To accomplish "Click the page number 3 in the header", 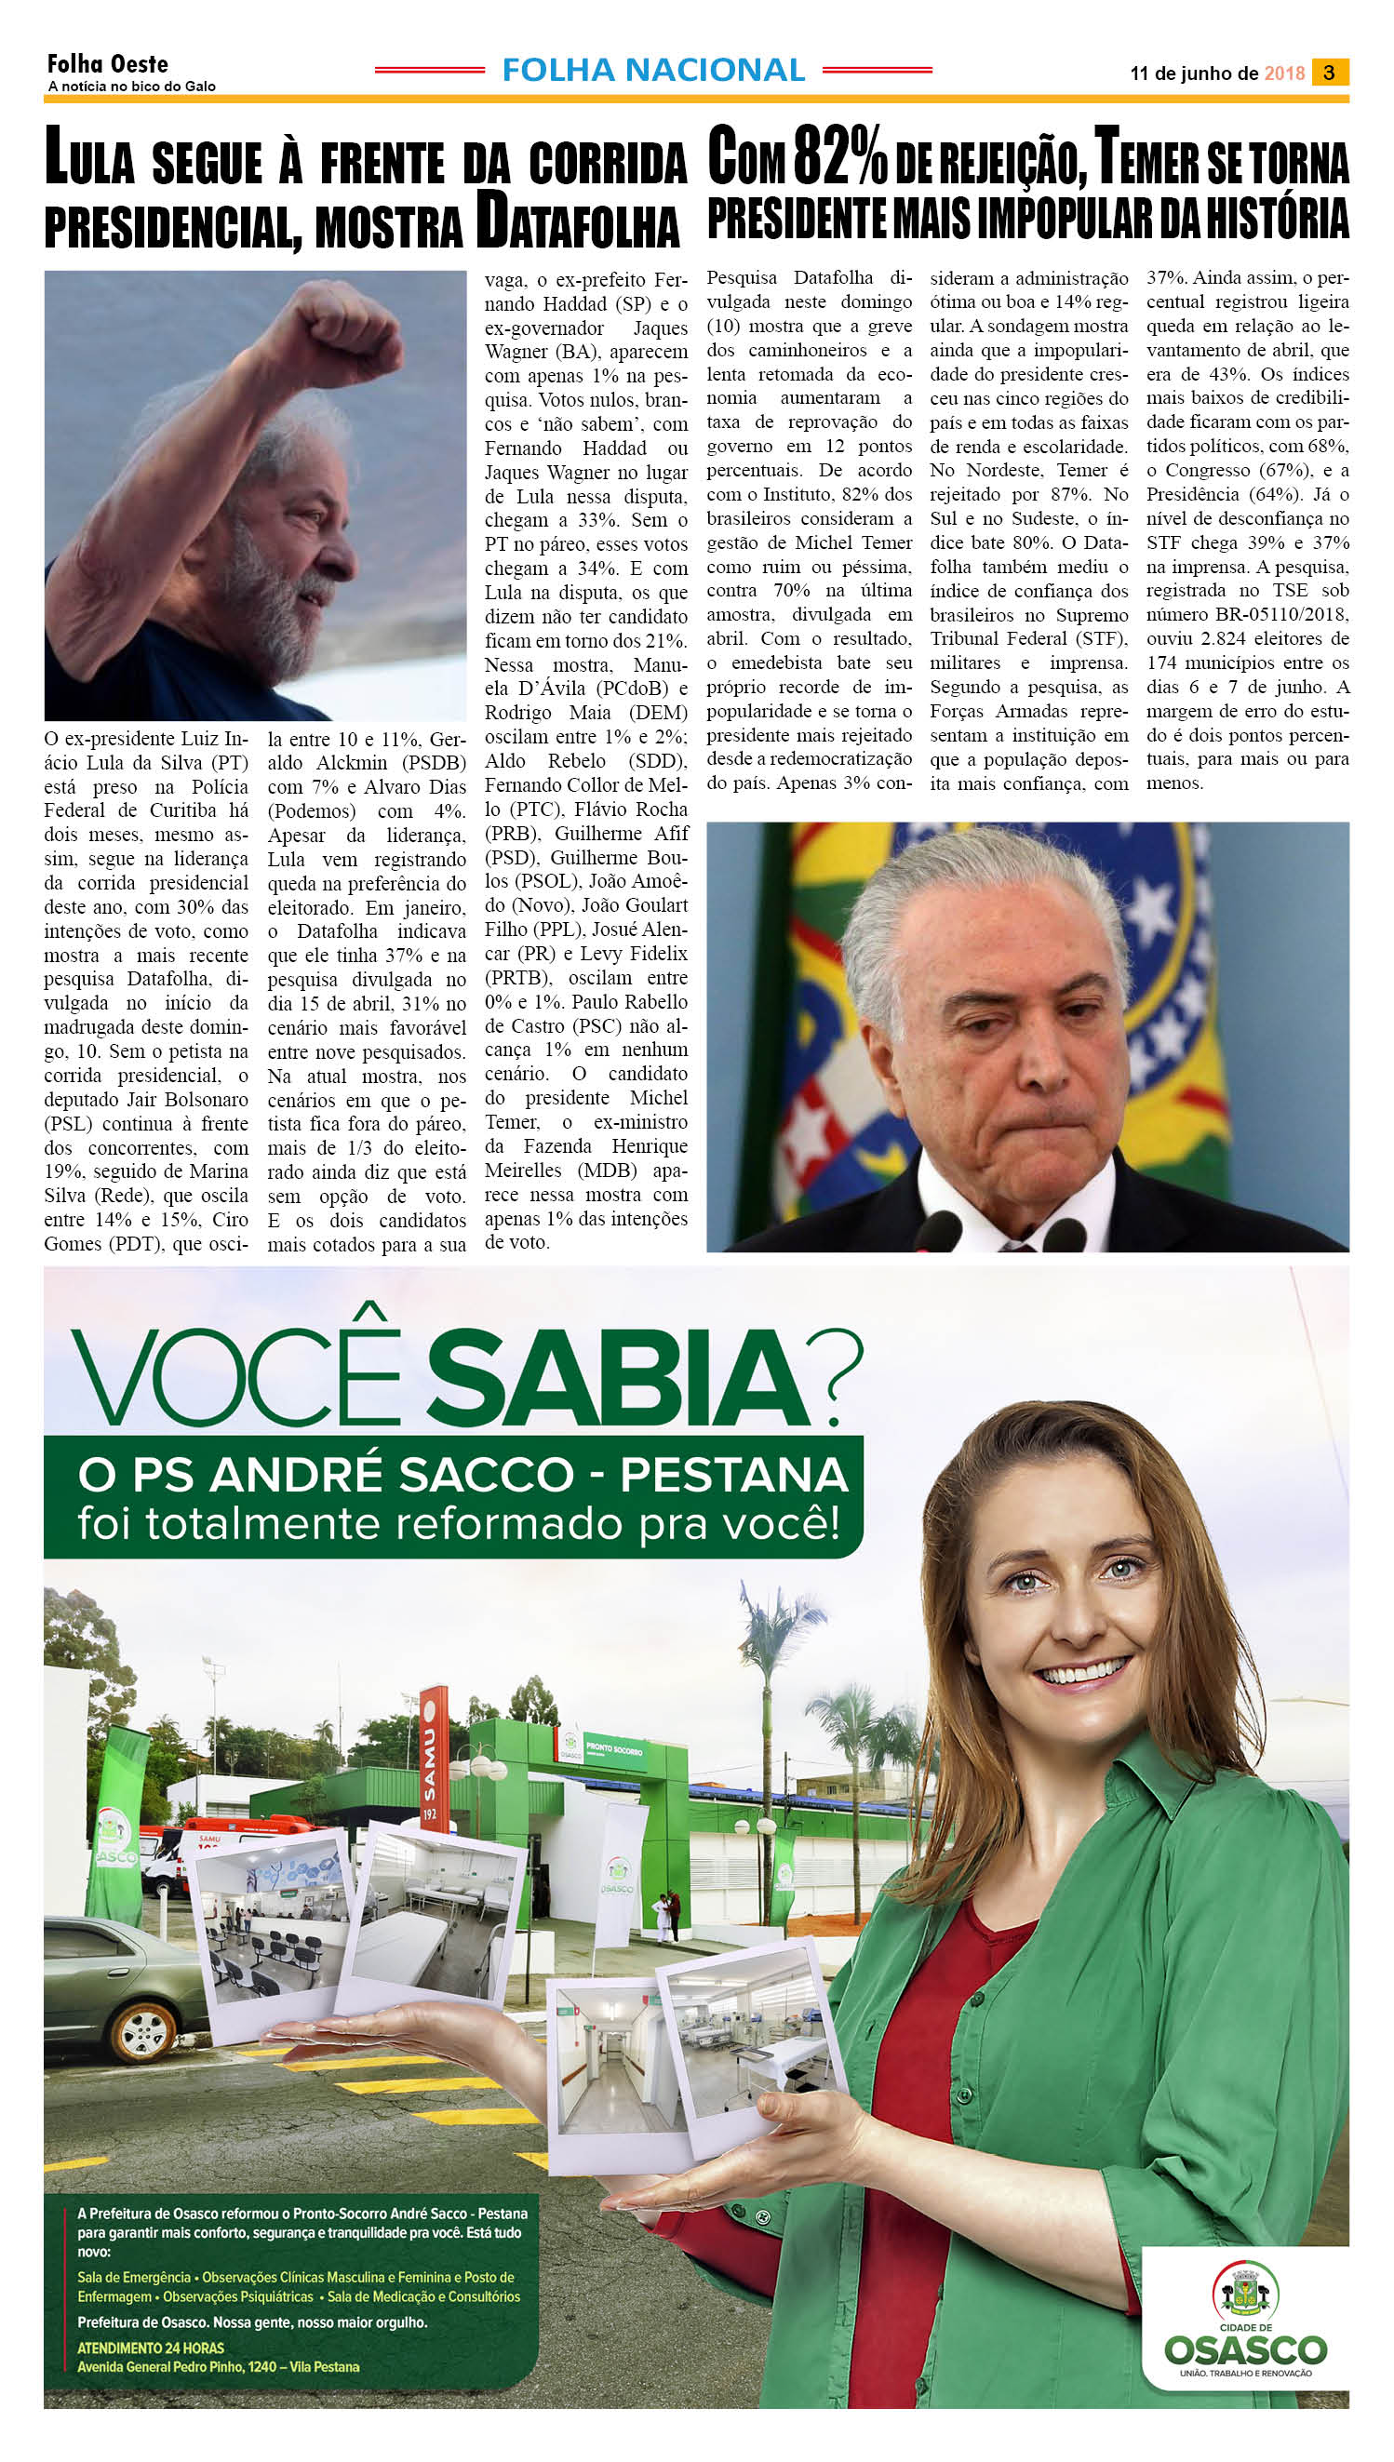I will pyautogui.click(x=1329, y=72).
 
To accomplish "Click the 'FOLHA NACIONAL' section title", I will pyautogui.click(x=653, y=70).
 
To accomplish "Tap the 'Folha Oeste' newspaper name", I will pyautogui.click(x=107, y=64).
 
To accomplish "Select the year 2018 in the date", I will pyautogui.click(x=1284, y=74).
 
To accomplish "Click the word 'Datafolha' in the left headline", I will pyautogui.click(x=578, y=223).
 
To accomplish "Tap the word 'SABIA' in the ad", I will pyautogui.click(x=618, y=1376).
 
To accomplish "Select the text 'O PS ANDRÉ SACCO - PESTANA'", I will pyautogui.click(x=462, y=1475).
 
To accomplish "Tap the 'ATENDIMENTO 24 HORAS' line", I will pyautogui.click(x=152, y=2348).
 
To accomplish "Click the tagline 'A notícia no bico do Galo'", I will pyautogui.click(x=132, y=87).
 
